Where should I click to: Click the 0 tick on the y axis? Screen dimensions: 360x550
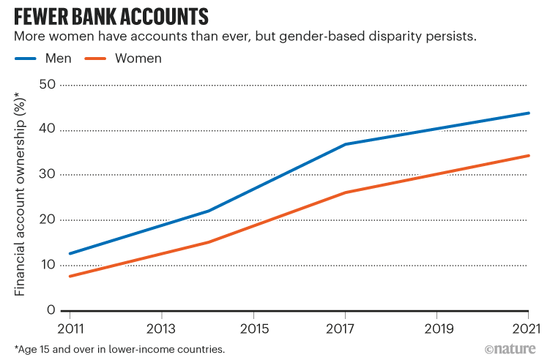[x=51, y=310]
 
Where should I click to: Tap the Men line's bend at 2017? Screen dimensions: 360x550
[x=345, y=144]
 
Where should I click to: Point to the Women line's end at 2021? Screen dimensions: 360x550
[x=529, y=155]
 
